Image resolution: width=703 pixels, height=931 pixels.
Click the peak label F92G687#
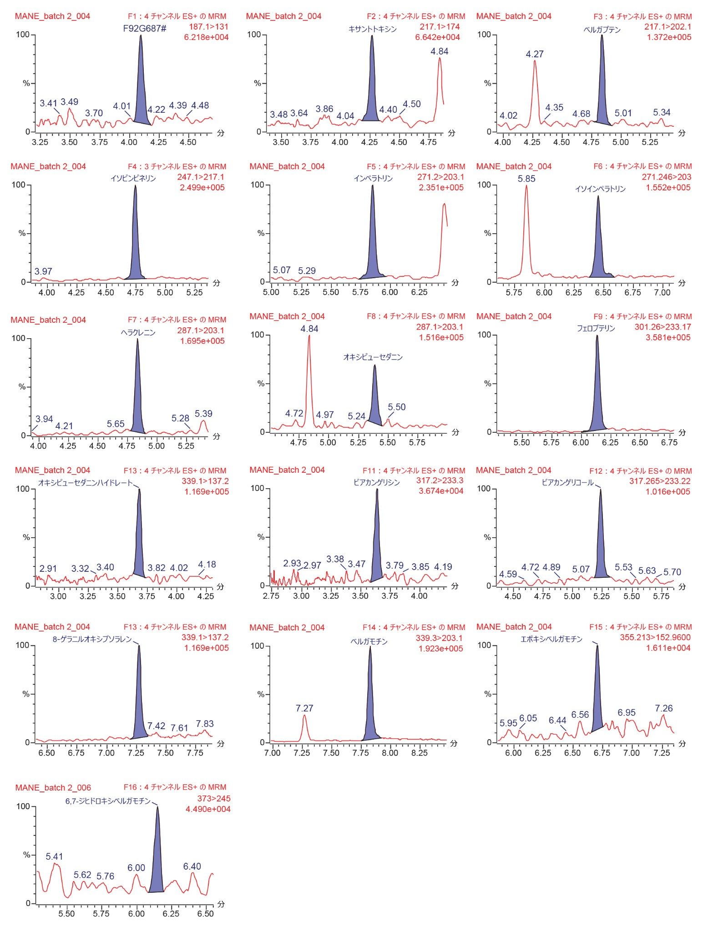145,28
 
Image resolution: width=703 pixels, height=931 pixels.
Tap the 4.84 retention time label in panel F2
439,51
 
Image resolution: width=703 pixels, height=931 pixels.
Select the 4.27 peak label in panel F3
535,54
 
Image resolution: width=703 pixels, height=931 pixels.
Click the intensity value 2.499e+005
202,187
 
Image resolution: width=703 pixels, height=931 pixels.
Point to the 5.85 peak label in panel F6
526,179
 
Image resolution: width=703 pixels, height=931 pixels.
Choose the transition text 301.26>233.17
663,327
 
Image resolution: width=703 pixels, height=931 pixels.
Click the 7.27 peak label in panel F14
304,708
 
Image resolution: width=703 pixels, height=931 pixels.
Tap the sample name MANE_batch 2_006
53,788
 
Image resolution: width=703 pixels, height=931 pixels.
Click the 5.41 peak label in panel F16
54,856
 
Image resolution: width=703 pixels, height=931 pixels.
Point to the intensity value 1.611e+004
668,648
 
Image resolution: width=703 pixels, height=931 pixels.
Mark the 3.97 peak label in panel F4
43,271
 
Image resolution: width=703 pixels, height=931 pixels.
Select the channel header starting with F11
414,471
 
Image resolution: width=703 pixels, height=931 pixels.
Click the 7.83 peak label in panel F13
204,724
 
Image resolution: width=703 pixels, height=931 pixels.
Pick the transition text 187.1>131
208,26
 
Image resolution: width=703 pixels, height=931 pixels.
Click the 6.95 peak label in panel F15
626,713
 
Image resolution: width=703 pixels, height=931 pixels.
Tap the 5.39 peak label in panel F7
203,414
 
